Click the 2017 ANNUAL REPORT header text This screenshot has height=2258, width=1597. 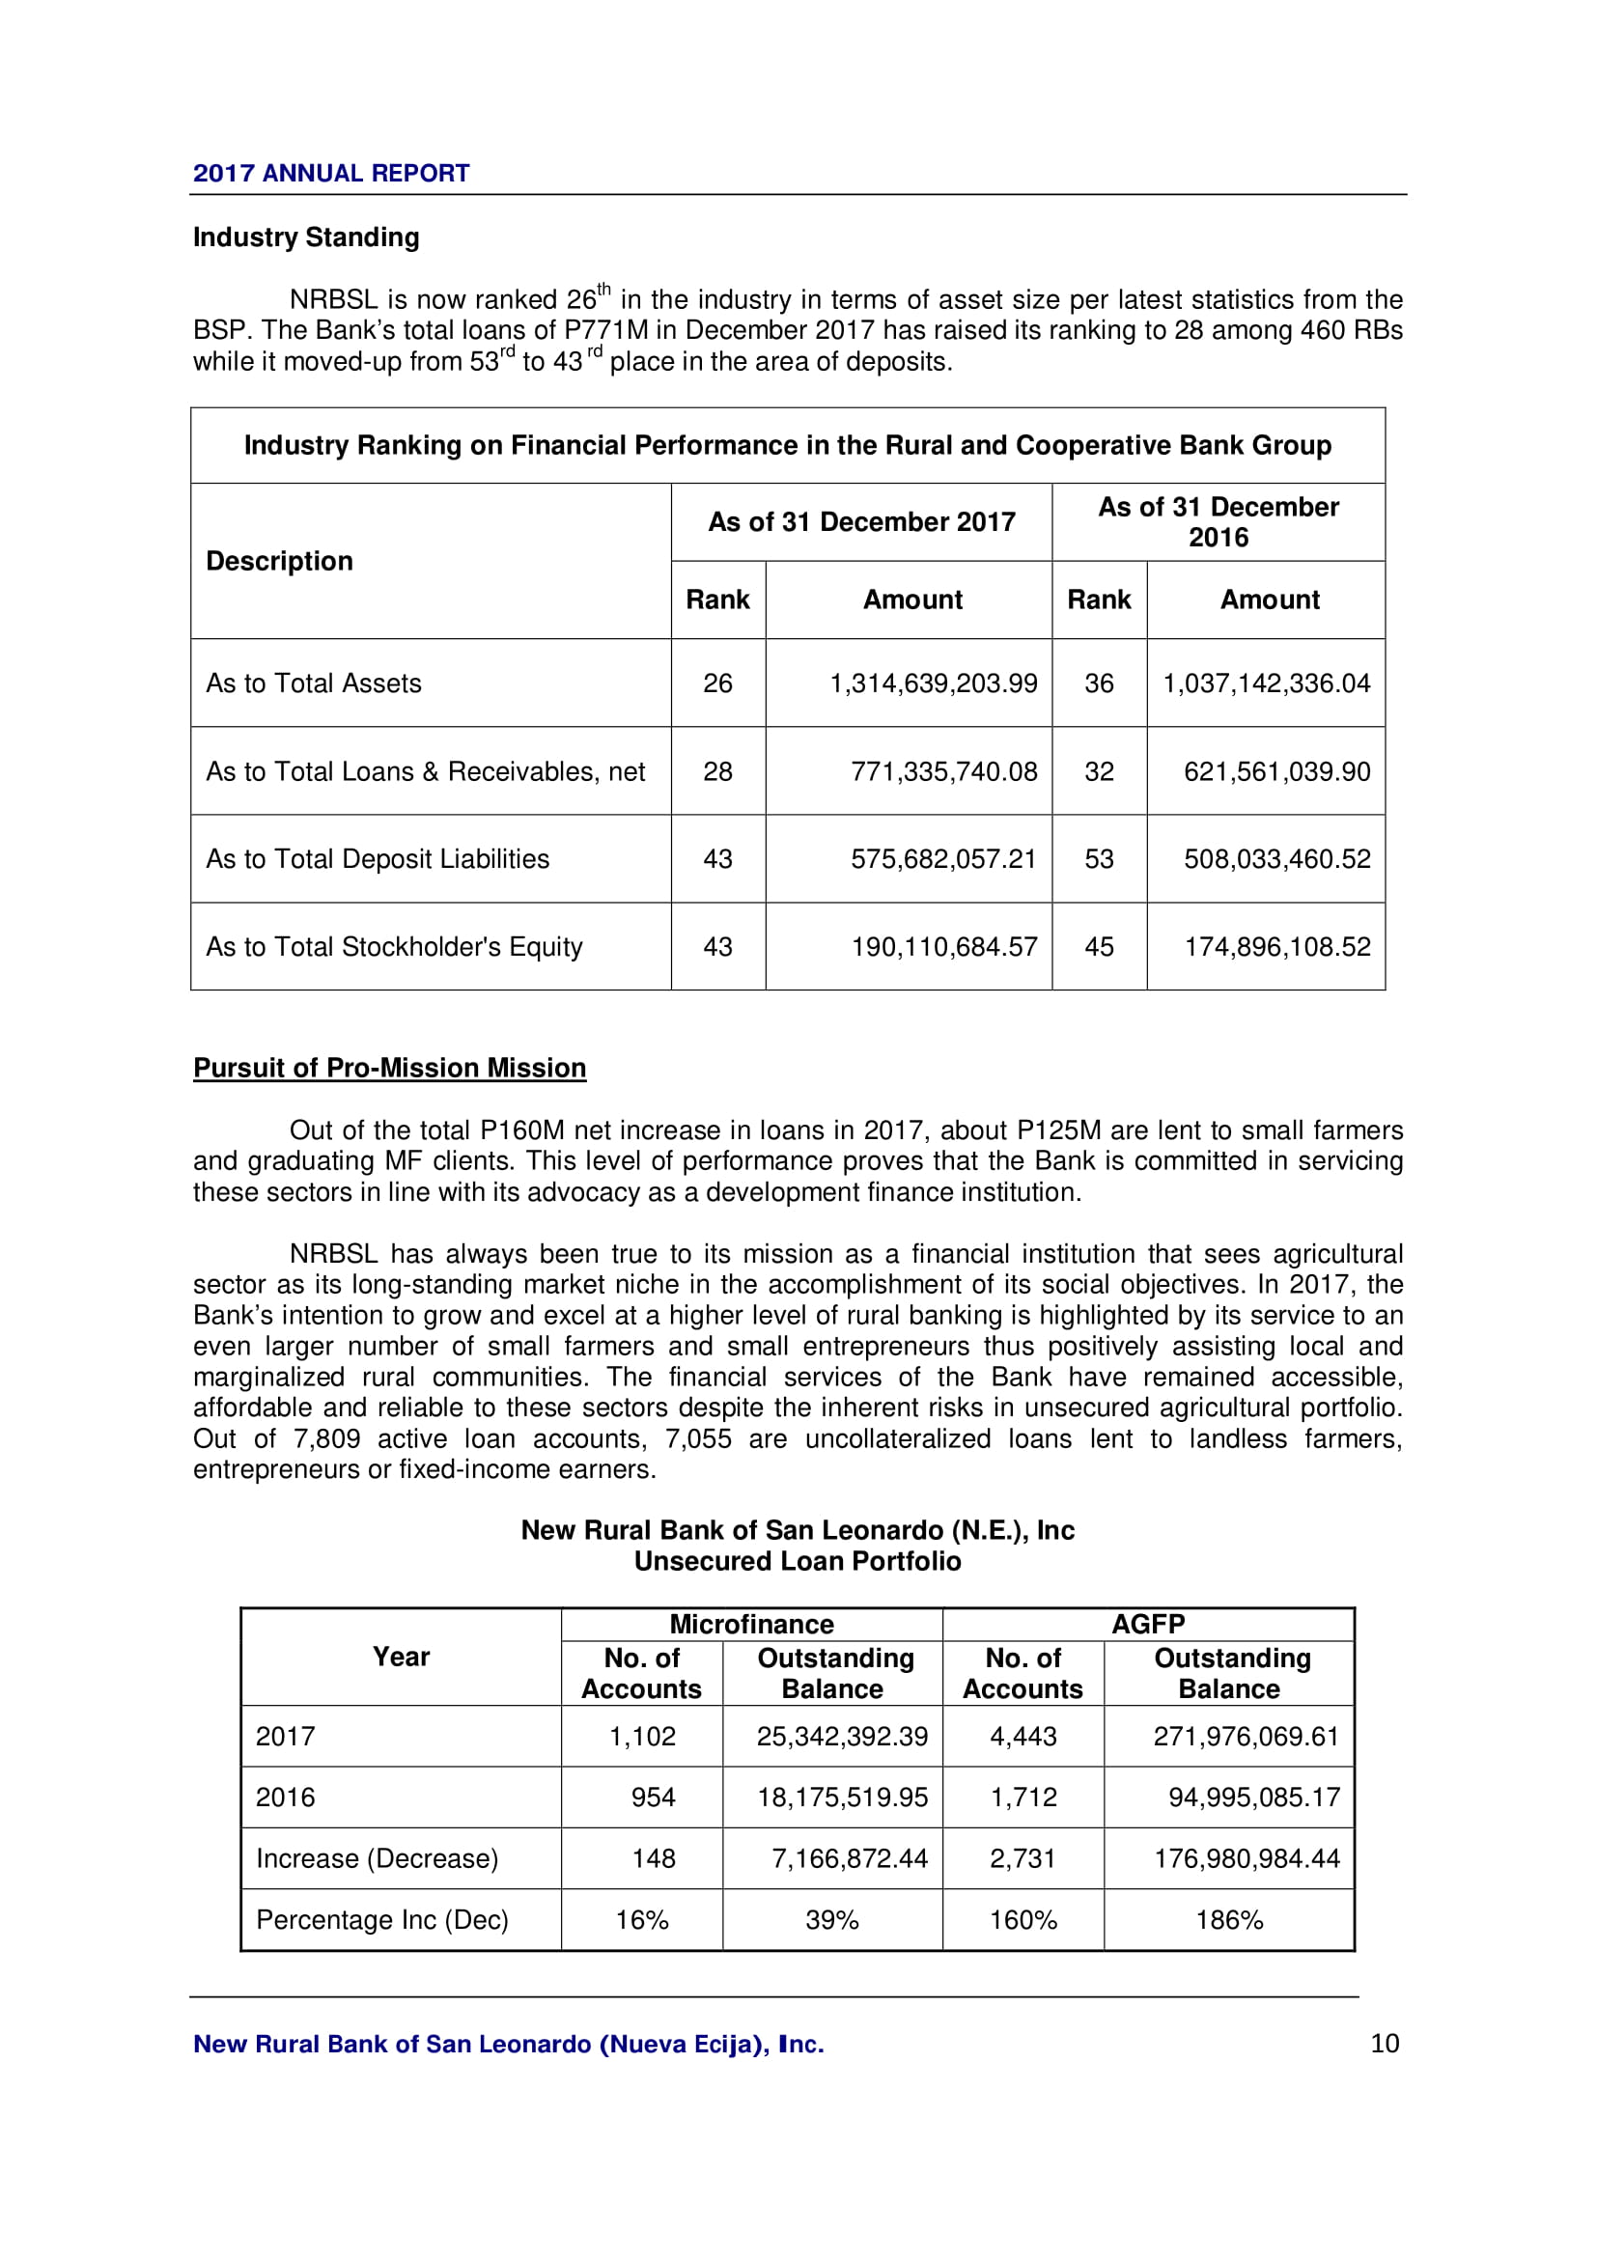(x=330, y=174)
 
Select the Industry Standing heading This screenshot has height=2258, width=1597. (x=306, y=237)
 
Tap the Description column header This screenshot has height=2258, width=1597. (x=279, y=562)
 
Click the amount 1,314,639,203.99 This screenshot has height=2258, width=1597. (x=933, y=683)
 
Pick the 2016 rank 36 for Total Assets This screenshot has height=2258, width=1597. (x=1099, y=683)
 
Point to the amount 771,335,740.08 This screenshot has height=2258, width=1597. (x=943, y=772)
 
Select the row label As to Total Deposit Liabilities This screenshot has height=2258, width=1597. (x=378, y=859)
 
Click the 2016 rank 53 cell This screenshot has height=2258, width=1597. (x=1099, y=859)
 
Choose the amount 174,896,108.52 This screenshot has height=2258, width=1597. (x=1276, y=947)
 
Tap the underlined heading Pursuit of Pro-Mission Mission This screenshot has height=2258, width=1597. (x=389, y=1068)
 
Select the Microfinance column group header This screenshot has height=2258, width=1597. (x=751, y=1624)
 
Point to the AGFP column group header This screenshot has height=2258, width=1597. (x=1148, y=1624)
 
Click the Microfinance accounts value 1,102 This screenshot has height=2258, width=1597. (x=642, y=1736)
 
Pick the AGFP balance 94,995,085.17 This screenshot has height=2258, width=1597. (x=1254, y=1797)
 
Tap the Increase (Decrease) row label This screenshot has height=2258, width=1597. (x=377, y=1858)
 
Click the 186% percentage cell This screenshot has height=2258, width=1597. (x=1228, y=1920)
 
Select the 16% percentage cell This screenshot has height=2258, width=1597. (x=641, y=1920)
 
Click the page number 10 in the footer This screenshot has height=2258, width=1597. (x=1384, y=2044)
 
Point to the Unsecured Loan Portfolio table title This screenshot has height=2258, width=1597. (x=798, y=1561)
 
